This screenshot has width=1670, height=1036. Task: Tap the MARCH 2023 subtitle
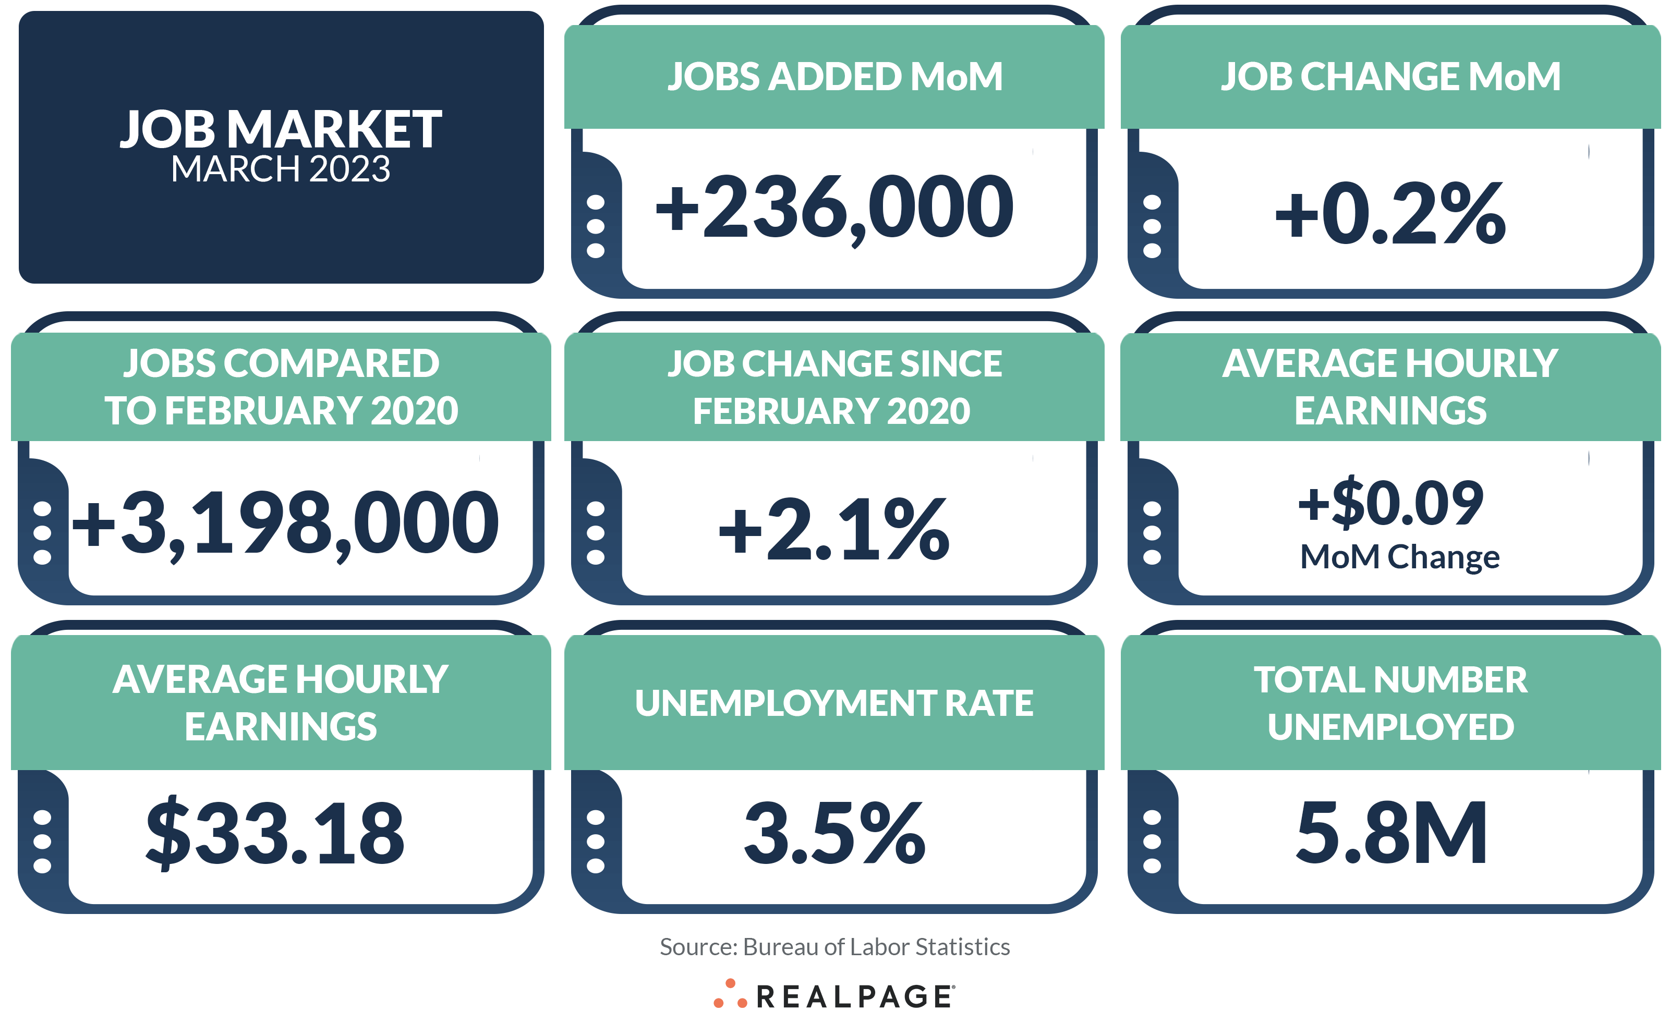tap(281, 169)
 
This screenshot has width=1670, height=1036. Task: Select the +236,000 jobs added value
tap(834, 208)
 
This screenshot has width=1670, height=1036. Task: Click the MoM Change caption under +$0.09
tap(1399, 556)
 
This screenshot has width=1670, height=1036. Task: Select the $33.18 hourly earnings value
tap(275, 833)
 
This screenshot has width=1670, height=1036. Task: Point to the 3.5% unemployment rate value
tap(834, 833)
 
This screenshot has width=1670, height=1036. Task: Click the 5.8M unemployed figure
tap(1391, 833)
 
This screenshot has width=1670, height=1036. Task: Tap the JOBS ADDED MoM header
tap(834, 76)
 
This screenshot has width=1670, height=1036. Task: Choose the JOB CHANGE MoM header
tap(1390, 76)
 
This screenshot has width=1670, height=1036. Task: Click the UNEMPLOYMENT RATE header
tap(834, 703)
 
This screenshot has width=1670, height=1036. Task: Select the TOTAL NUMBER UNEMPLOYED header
tap(1390, 703)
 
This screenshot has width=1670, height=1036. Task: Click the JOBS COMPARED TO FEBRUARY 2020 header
tap(281, 387)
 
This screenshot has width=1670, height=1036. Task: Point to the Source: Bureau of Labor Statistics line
tap(834, 946)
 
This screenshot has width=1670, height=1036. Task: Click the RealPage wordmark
tap(854, 997)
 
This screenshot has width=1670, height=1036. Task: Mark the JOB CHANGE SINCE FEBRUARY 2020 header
tap(834, 387)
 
